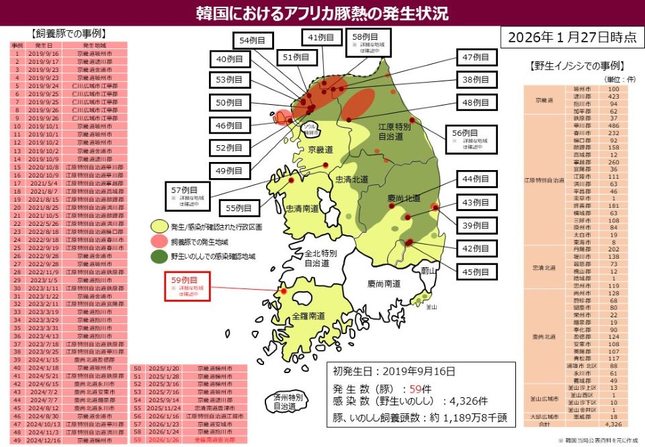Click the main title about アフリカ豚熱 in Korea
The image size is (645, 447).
pos(322,13)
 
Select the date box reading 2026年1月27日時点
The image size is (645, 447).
pos(572,38)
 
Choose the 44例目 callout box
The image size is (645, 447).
pos(476,179)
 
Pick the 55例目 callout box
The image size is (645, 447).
pos(239,208)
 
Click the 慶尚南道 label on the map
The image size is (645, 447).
pos(384,284)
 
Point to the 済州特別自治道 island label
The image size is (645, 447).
pos(290,403)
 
